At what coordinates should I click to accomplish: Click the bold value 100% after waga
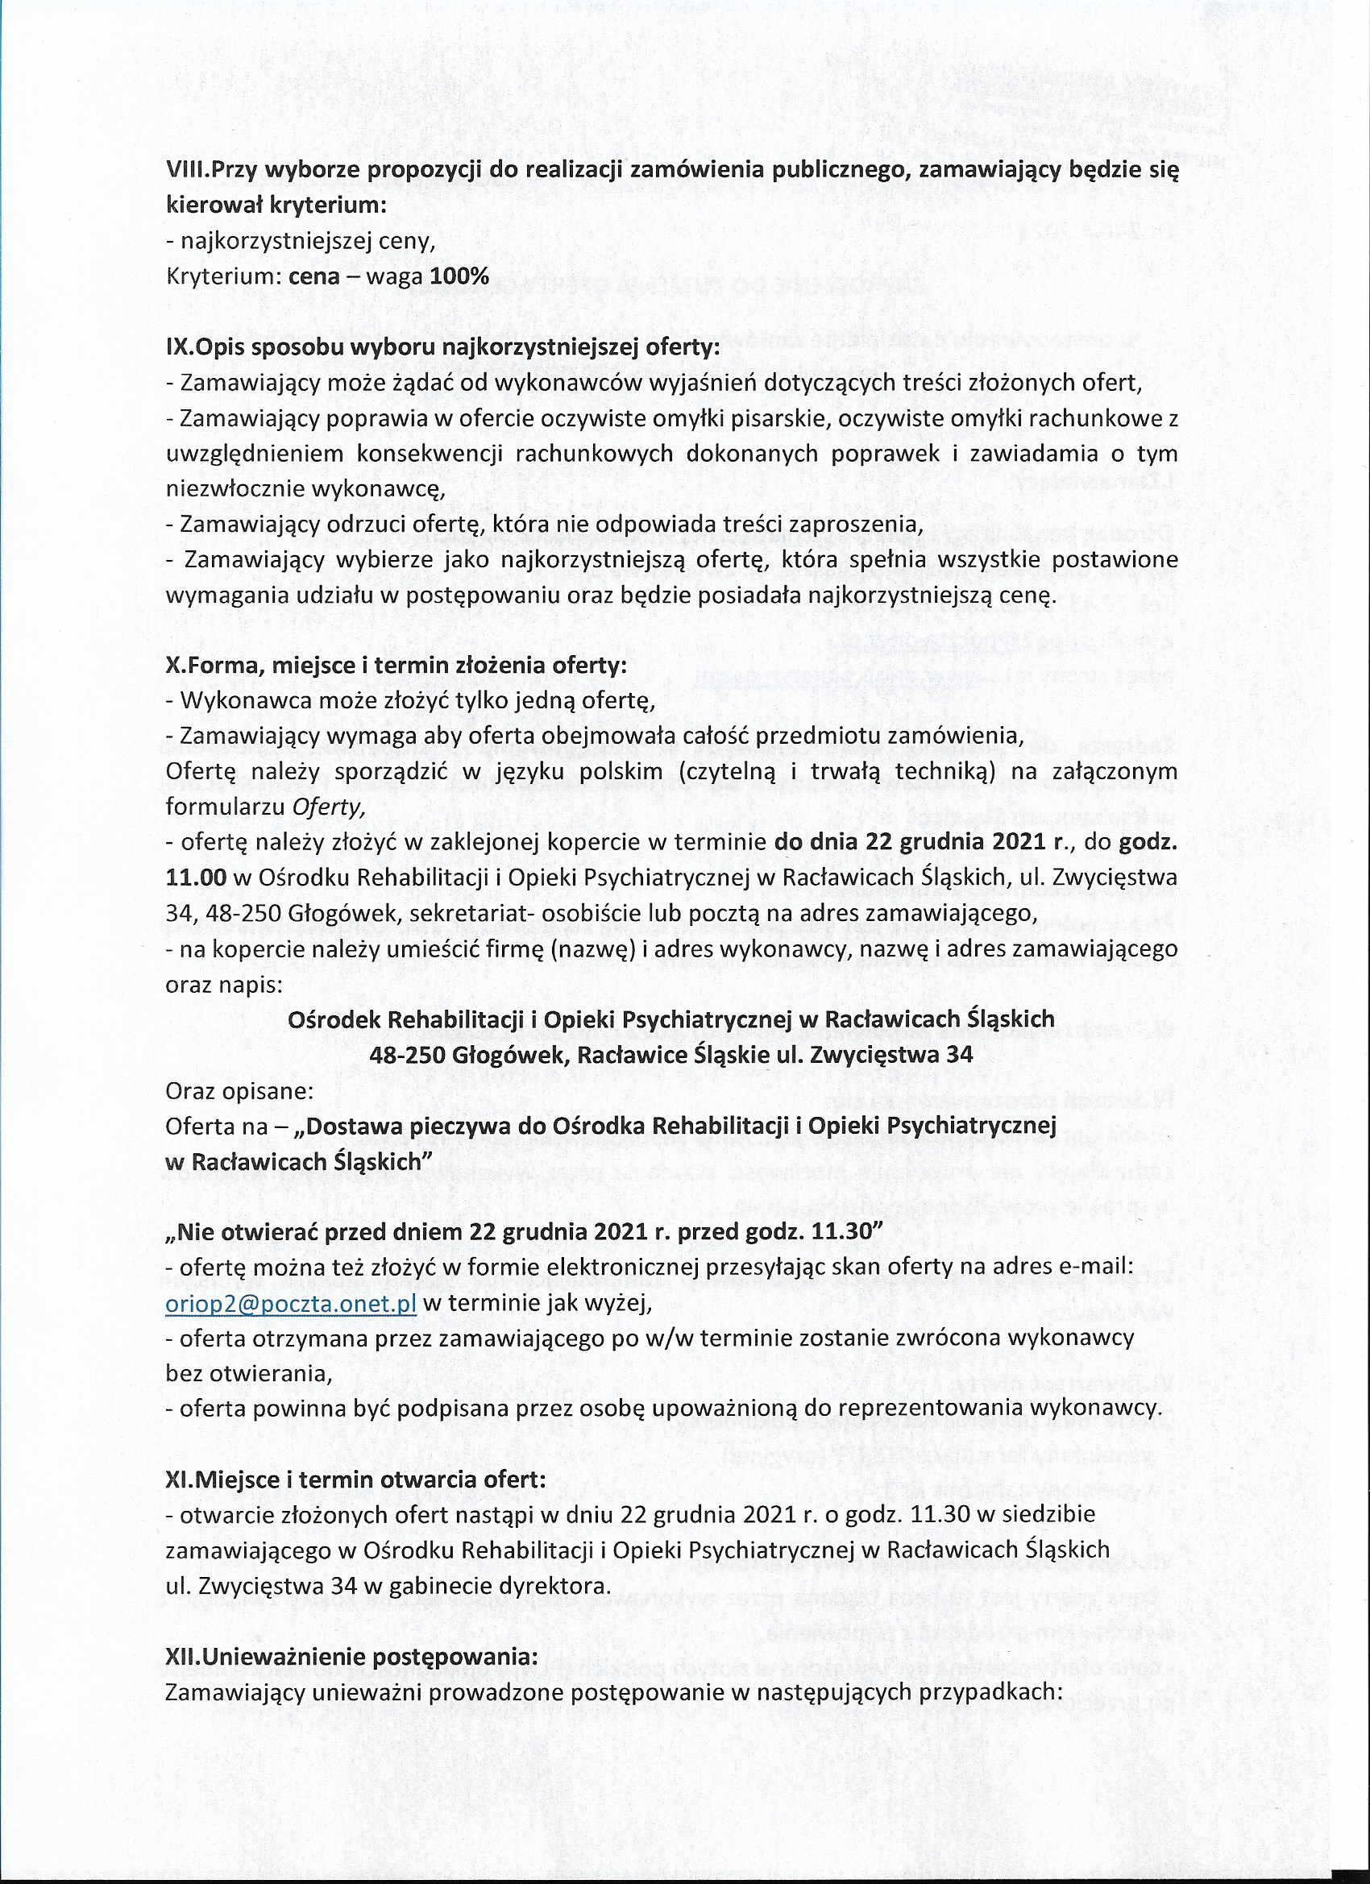(459, 276)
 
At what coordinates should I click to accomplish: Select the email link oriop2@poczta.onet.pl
(291, 1301)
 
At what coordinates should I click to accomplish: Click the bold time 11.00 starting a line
(196, 878)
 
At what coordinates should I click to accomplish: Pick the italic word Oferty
(337, 806)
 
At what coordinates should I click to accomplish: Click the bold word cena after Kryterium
(314, 276)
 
